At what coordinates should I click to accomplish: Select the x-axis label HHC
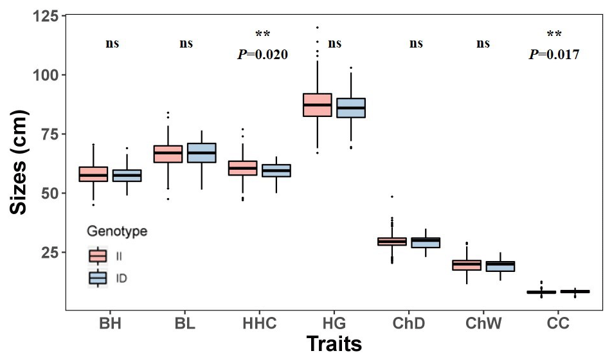(260, 323)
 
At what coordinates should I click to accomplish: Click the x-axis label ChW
(483, 323)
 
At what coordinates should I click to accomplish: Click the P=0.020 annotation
(262, 55)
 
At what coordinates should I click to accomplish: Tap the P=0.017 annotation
(553, 55)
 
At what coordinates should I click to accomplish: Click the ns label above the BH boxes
(113, 44)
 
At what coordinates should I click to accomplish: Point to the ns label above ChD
(416, 44)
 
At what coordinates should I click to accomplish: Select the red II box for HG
(317, 105)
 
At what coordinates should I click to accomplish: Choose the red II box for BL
(168, 154)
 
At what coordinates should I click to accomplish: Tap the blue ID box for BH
(127, 175)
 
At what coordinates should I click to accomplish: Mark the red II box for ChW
(466, 264)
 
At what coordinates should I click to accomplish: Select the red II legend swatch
(98, 256)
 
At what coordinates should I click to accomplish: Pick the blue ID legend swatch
(98, 278)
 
